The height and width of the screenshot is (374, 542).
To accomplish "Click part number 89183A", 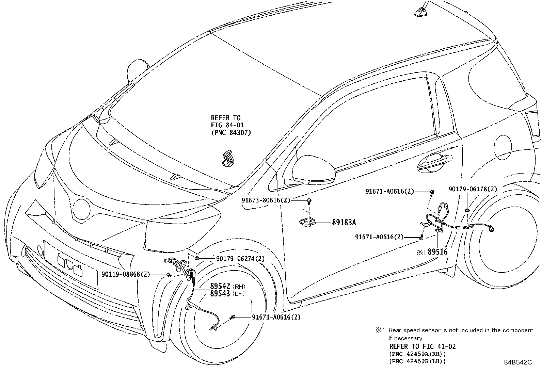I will click(x=344, y=223).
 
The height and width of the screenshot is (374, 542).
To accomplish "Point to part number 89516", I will click(x=437, y=252).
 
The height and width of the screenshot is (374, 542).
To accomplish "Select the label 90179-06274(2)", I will click(x=240, y=259).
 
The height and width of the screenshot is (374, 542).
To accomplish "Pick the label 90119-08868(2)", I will click(x=126, y=274).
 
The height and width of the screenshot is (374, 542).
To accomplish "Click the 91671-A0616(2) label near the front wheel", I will click(x=276, y=317).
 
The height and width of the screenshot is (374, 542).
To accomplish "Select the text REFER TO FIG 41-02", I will click(x=422, y=346).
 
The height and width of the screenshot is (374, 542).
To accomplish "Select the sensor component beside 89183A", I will click(x=307, y=222).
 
